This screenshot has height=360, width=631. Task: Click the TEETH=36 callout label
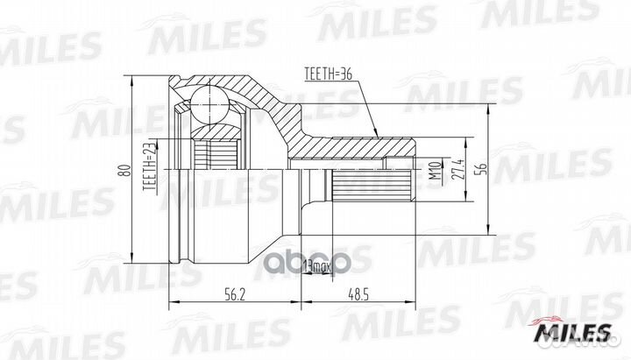330,75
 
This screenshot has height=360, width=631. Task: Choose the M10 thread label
433,168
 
